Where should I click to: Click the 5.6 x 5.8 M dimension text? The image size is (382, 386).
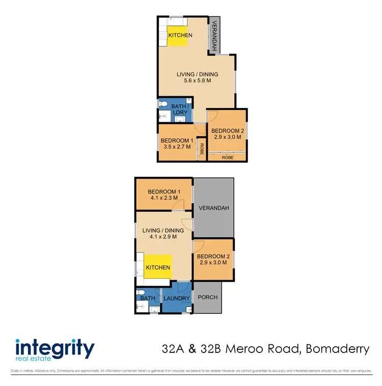click(197, 80)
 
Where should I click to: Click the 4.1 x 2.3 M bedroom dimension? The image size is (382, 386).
click(163, 198)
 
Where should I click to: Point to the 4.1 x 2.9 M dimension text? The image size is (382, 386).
click(163, 237)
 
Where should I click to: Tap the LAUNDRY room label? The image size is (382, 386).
click(177, 298)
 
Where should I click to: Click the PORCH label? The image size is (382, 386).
click(207, 297)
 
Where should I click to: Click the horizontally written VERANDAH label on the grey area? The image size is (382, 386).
click(214, 208)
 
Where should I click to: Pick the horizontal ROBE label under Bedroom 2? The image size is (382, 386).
click(227, 158)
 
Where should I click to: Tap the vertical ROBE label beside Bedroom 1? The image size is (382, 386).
click(202, 149)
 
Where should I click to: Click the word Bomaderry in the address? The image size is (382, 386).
click(336, 349)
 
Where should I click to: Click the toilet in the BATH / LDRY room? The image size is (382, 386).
click(163, 103)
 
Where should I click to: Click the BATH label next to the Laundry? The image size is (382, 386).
click(148, 298)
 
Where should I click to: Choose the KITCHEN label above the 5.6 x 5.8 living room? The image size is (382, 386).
click(180, 35)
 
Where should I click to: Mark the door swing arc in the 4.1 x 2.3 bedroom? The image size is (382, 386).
click(177, 205)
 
